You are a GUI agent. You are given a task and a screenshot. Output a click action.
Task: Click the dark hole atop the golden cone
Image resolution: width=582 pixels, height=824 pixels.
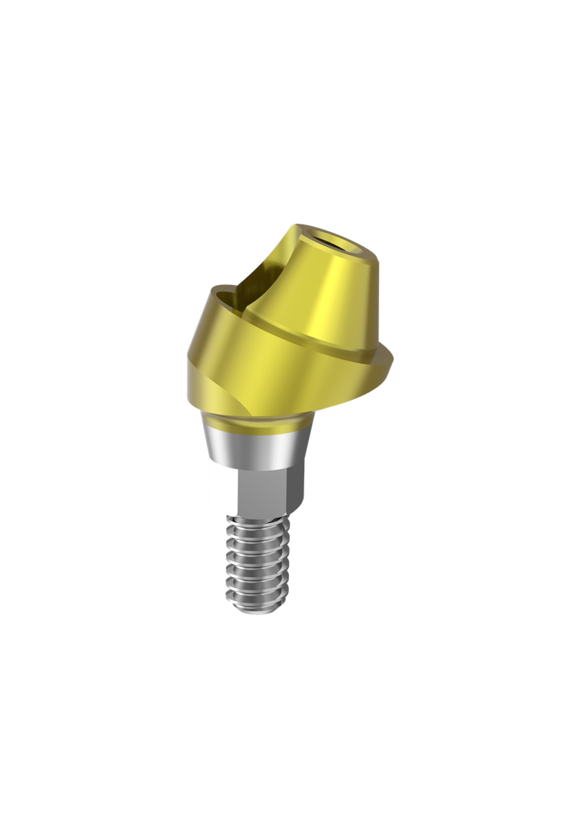coord(330,237)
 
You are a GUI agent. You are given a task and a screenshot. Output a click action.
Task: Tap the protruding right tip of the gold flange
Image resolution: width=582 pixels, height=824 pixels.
coord(389,359)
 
